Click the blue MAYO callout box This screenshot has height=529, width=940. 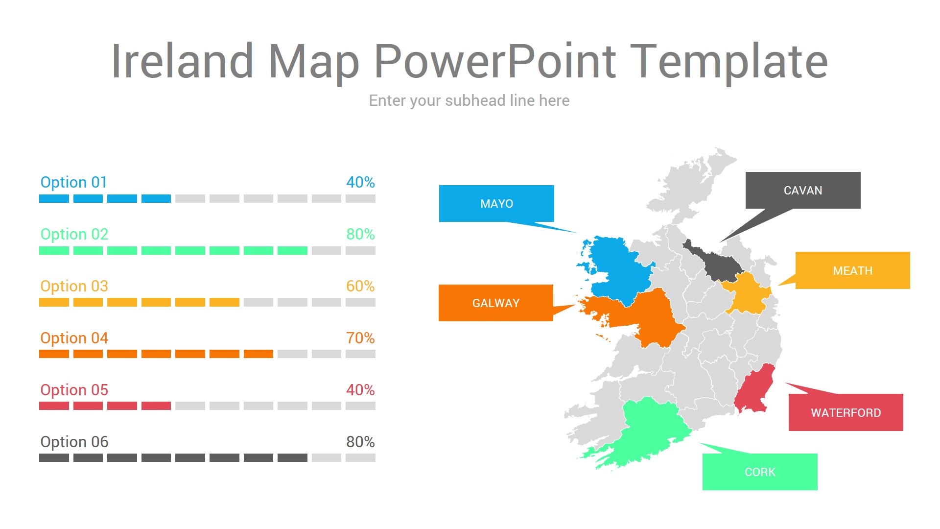[496, 203]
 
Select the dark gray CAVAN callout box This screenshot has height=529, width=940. [803, 190]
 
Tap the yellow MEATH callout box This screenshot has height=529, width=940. [852, 270]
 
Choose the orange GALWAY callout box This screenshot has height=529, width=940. [496, 303]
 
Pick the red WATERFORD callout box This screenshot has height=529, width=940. [846, 412]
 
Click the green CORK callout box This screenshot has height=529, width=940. [760, 472]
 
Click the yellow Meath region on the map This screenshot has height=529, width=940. [747, 294]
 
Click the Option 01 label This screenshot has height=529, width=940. [73, 182]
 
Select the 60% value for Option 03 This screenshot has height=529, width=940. [360, 286]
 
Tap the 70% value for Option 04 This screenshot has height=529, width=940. [360, 338]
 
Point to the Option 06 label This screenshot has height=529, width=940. [74, 442]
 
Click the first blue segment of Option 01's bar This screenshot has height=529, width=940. [54, 198]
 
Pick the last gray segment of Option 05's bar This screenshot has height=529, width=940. [360, 406]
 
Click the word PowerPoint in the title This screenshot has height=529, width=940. [494, 62]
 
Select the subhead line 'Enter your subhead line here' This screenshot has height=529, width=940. [469, 100]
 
